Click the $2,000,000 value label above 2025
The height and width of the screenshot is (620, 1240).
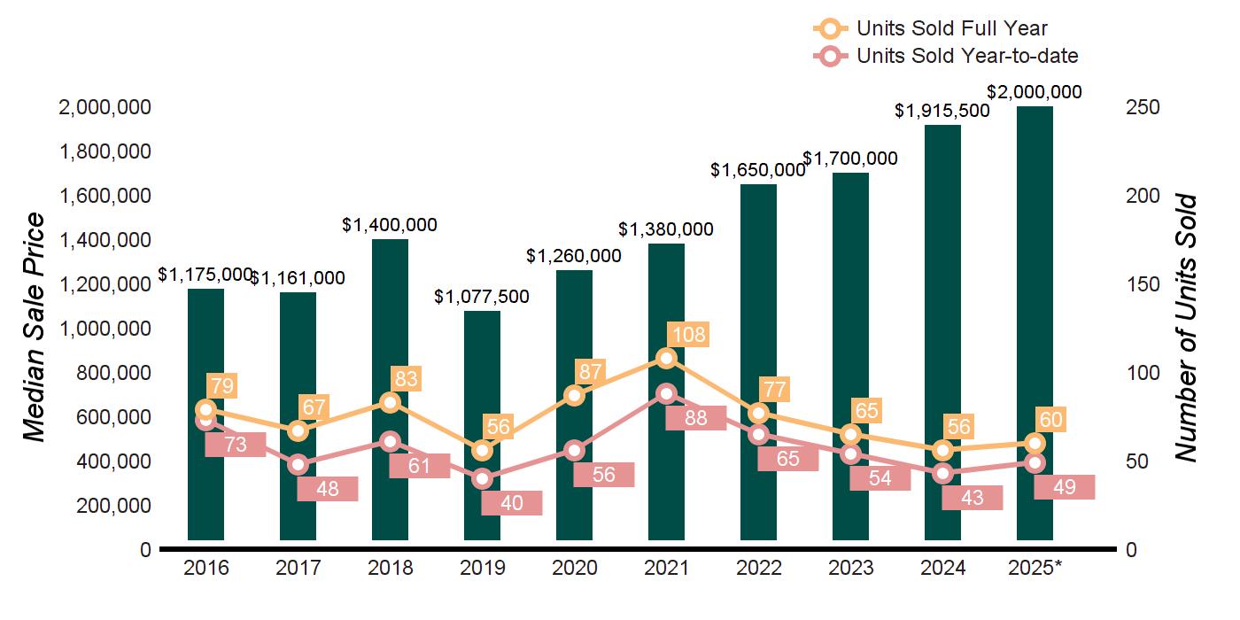pos(1035,92)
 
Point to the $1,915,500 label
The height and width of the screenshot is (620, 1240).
pos(942,111)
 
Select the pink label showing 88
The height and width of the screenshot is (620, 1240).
pos(696,418)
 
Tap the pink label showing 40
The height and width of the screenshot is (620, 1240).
pos(511,503)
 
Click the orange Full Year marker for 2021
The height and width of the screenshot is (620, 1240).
pos(667,358)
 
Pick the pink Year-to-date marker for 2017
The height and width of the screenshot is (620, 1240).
pos(298,464)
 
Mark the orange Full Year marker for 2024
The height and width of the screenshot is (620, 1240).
pos(943,450)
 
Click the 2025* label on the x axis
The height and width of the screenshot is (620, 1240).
pos(1035,568)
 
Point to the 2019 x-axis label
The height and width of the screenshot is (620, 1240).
pos(482,568)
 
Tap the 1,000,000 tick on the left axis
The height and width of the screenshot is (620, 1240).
pos(104,329)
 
